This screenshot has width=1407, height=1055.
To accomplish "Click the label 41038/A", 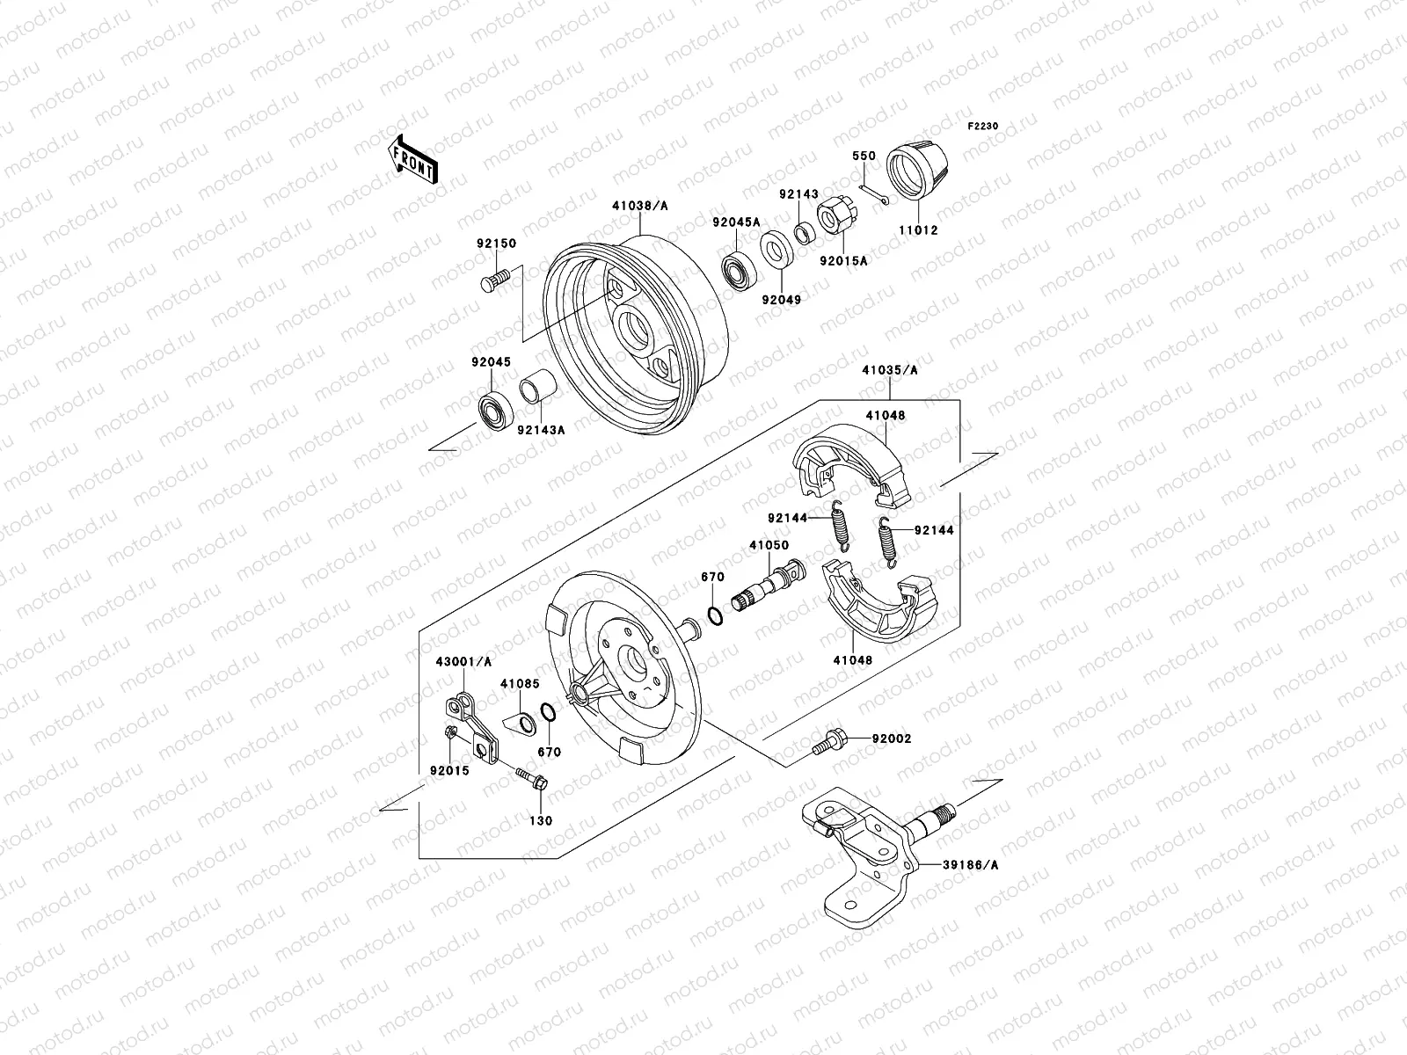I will (x=640, y=206).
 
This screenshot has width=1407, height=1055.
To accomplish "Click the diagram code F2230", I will (x=983, y=127).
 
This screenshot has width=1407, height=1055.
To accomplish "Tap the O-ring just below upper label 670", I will (x=715, y=615).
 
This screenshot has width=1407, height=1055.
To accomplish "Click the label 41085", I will (x=520, y=682).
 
